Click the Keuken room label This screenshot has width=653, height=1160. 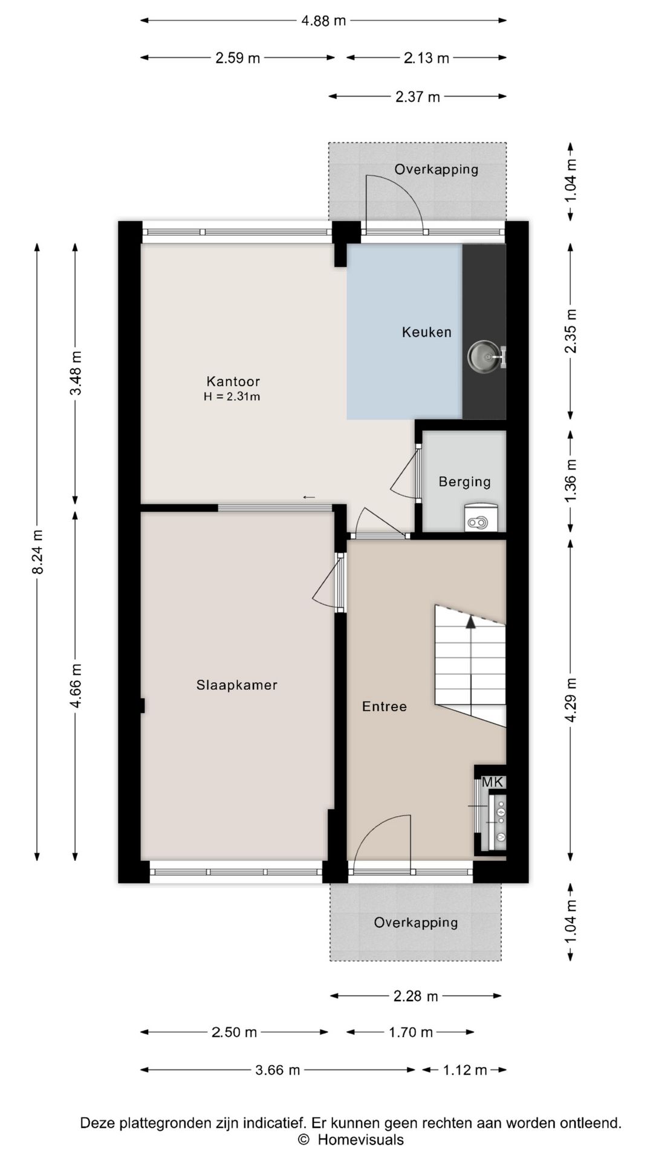[x=426, y=332]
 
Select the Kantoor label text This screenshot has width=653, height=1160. [x=233, y=381]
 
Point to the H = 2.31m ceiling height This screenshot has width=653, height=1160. [x=232, y=397]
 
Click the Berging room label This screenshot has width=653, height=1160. [x=464, y=482]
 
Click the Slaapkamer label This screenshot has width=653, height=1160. [x=236, y=685]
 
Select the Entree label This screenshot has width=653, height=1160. [x=384, y=706]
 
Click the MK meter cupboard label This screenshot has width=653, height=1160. [x=492, y=782]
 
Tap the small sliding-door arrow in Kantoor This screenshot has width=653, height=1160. [x=309, y=497]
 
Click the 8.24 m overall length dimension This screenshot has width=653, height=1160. [x=37, y=552]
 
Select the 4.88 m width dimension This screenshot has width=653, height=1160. [x=323, y=21]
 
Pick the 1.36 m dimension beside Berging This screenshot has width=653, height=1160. [x=571, y=480]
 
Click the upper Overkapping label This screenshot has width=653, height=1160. [x=437, y=169]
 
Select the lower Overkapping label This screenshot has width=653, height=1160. [x=416, y=923]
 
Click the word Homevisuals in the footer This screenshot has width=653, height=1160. [x=361, y=1140]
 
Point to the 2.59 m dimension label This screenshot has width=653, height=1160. [x=238, y=58]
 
